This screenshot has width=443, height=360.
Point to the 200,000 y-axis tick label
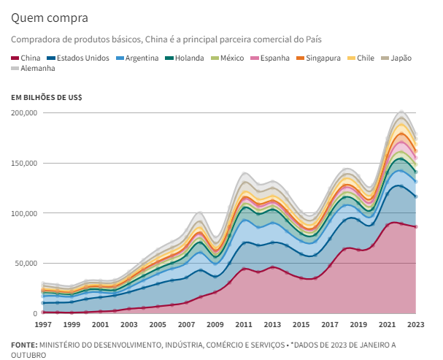click(24, 113)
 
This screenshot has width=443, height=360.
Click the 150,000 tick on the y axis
click(24, 163)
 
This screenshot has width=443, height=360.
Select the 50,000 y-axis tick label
click(26, 263)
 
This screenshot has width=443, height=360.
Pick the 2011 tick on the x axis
click(243, 324)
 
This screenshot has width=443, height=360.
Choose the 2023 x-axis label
click(415, 324)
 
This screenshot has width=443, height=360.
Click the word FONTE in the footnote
click(25, 345)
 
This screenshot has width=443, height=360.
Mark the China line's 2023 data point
click(415, 227)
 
